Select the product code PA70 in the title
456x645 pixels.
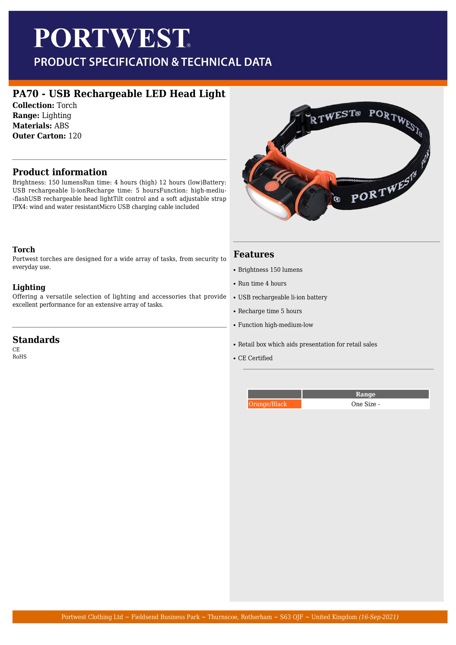point(25,94)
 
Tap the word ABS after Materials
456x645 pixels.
point(62,126)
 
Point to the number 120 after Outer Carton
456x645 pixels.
point(75,136)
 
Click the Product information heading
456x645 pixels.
point(60,172)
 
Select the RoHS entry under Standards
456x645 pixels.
point(19,357)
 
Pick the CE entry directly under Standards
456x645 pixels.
point(16,350)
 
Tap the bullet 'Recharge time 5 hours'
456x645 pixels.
point(270,311)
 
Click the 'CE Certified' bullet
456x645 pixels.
point(255,358)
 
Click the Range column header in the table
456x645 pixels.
point(365,394)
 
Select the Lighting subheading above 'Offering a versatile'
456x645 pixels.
point(29,287)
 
